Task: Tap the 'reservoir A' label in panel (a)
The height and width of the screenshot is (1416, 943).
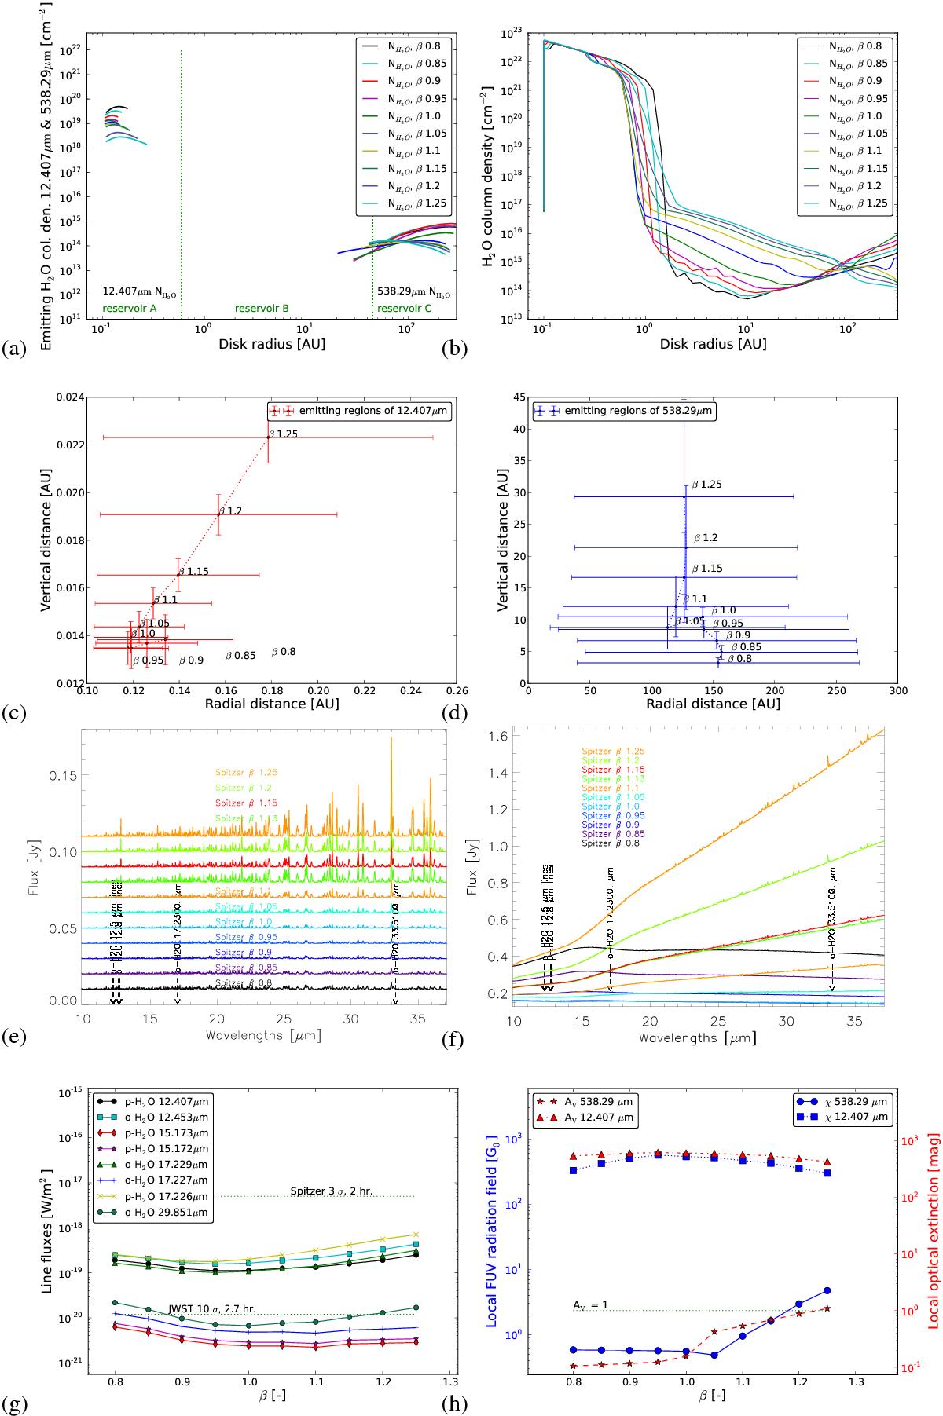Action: (129, 309)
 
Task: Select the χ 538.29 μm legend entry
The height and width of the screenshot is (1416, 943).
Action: (840, 1101)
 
